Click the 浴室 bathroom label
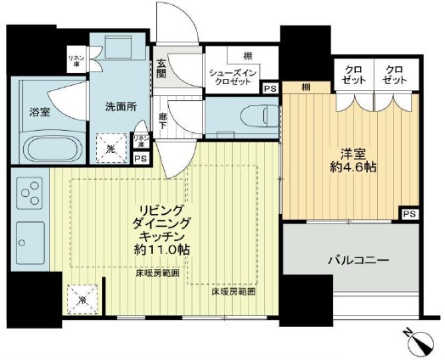pyautogui.click(x=40, y=111)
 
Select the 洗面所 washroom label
pyautogui.click(x=120, y=108)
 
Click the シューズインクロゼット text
pyautogui.click(x=234, y=78)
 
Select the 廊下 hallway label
pyautogui.click(x=162, y=122)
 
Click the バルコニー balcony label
pyautogui.click(x=358, y=259)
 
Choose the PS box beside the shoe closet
pyautogui.click(x=269, y=87)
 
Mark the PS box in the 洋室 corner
pyautogui.click(x=409, y=213)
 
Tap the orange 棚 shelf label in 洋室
pyautogui.click(x=304, y=87)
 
